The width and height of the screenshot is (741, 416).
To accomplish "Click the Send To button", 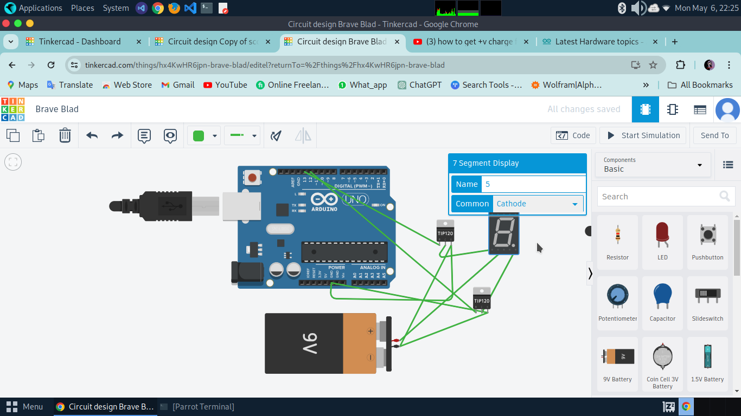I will tap(714, 135).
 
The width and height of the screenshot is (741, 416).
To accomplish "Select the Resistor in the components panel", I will tap(617, 242).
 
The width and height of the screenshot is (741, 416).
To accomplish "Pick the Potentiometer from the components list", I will tap(617, 302).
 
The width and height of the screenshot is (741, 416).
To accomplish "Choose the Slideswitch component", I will tap(707, 302).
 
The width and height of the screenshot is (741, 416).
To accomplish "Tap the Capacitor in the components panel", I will tap(662, 302).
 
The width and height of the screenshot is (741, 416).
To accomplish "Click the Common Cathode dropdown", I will tap(538, 204).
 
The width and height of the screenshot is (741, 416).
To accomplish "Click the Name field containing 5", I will tap(534, 184).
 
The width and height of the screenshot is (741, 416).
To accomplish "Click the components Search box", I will tap(659, 197).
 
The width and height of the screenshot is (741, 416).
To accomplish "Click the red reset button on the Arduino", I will tap(252, 177).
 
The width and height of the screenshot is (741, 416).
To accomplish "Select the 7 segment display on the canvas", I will tap(503, 233).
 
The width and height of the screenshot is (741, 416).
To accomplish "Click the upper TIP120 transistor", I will tap(445, 231).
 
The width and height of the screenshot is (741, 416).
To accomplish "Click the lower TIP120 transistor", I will tap(481, 298).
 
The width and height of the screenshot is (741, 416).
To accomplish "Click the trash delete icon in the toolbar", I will tap(65, 135).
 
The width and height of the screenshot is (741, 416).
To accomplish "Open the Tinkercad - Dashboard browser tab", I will tap(80, 42).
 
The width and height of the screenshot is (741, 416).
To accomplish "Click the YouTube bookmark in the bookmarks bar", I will tap(225, 85).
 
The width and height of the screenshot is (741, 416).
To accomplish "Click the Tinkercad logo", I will tap(12, 109).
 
